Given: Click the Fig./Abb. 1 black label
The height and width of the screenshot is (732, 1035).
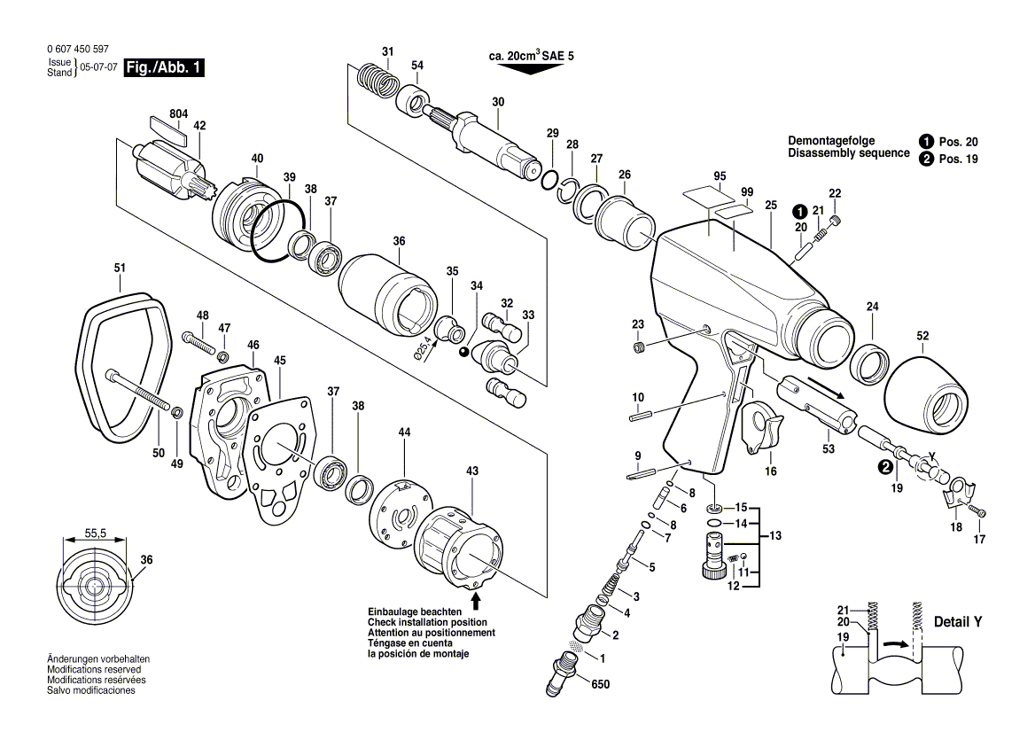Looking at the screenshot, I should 164,68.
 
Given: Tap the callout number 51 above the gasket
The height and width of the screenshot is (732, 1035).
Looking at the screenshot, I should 120,268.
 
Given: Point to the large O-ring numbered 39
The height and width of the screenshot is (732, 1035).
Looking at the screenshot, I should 280,233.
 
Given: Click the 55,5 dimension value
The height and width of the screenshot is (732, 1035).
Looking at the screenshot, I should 96,533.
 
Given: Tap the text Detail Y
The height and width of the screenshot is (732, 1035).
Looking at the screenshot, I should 958,623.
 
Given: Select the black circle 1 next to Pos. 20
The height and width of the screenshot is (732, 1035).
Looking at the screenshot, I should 926,141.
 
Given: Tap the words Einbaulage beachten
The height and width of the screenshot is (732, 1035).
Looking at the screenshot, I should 414,612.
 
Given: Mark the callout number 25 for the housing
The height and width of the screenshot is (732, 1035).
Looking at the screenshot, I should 770,206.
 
